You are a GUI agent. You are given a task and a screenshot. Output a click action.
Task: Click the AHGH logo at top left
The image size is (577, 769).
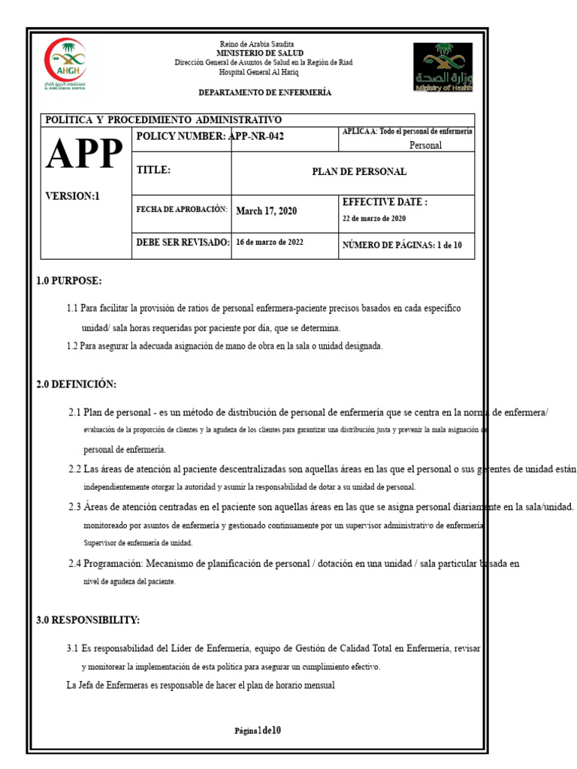coord(65,66)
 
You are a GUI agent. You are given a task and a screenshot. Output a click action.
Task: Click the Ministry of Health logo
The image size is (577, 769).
coord(443,67)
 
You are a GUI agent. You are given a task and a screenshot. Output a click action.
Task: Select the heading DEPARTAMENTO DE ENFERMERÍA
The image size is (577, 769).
coord(264,92)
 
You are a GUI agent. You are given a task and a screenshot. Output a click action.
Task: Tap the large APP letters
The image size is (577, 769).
coord(83,155)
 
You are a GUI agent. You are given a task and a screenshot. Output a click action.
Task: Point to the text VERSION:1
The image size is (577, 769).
coord(73,196)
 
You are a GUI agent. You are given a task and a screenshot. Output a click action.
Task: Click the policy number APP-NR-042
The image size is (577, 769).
coord(255,136)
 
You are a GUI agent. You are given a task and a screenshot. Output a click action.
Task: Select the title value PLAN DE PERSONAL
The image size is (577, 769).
coord(359,172)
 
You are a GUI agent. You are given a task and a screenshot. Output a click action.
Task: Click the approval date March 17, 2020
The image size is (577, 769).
coord(267,211)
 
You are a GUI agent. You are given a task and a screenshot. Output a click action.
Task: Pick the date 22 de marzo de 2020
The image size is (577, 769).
coord(374,219)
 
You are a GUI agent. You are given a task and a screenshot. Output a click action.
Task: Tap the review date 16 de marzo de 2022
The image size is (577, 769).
coord(270,243)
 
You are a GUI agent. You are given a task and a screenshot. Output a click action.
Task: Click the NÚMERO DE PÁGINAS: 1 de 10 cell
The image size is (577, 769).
coord(402,246)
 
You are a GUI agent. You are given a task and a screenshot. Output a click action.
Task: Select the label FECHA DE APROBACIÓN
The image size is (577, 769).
coord(181,209)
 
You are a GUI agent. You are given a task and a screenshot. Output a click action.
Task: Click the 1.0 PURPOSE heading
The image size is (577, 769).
coord(68,282)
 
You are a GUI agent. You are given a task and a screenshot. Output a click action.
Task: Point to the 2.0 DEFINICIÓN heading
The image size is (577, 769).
coord(76,384)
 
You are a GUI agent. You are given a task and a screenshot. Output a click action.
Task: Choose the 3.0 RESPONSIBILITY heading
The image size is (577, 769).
coord(88,620)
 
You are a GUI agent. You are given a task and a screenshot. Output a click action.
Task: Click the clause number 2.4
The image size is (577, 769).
coord(74,563)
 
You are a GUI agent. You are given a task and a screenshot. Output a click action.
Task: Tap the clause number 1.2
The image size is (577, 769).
coord(72,346)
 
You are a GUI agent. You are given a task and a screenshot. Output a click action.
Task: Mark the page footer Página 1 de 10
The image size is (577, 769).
coord(258,731)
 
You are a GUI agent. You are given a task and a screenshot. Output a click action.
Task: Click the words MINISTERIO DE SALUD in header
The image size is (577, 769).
coord(260,53)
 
